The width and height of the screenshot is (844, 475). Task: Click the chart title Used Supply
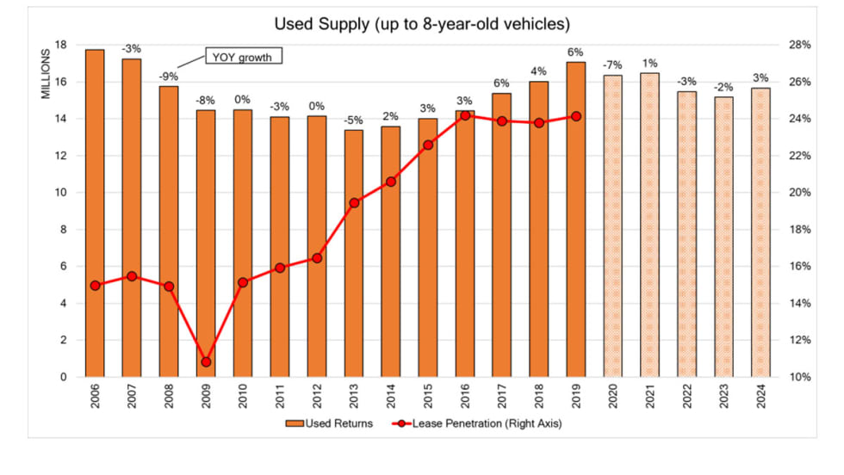tap(422, 24)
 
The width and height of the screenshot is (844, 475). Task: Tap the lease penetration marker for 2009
tap(206, 362)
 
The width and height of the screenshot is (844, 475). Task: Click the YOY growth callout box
tap(243, 57)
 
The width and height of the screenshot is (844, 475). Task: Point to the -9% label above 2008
tap(169, 75)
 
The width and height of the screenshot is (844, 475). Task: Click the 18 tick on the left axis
tap(61, 46)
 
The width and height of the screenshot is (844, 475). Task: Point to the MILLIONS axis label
tap(47, 73)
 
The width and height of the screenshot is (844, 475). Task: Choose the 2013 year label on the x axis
tap(354, 398)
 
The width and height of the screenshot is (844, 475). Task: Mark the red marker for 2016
tap(465, 115)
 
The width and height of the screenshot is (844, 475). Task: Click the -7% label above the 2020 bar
tap(612, 65)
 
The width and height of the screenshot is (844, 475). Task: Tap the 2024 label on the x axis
tap(760, 398)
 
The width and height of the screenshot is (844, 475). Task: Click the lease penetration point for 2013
tap(354, 203)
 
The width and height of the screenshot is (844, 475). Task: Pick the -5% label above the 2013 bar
tap(354, 120)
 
